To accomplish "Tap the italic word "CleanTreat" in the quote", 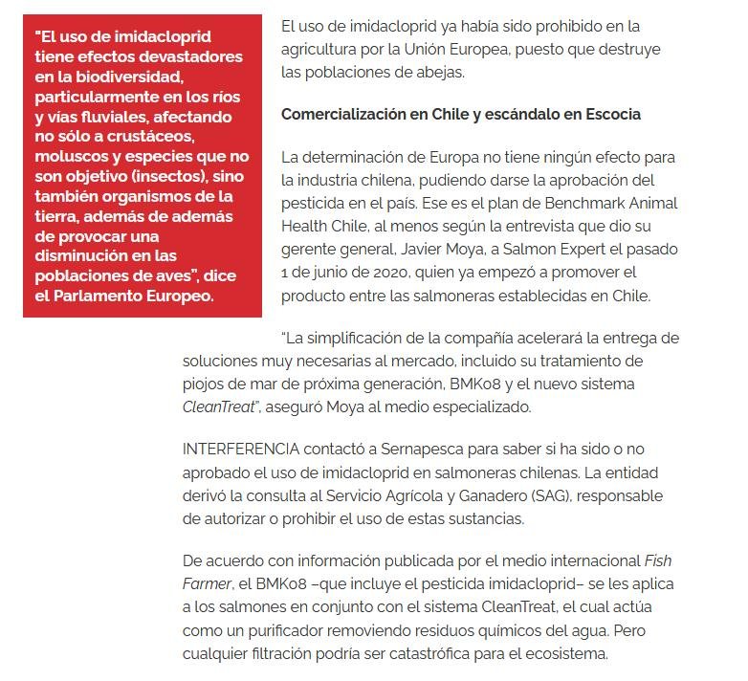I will pyautogui.click(x=218, y=406).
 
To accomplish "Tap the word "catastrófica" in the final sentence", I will pyautogui.click(x=430, y=655).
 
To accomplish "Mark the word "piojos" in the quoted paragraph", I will pyautogui.click(x=204, y=384).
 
